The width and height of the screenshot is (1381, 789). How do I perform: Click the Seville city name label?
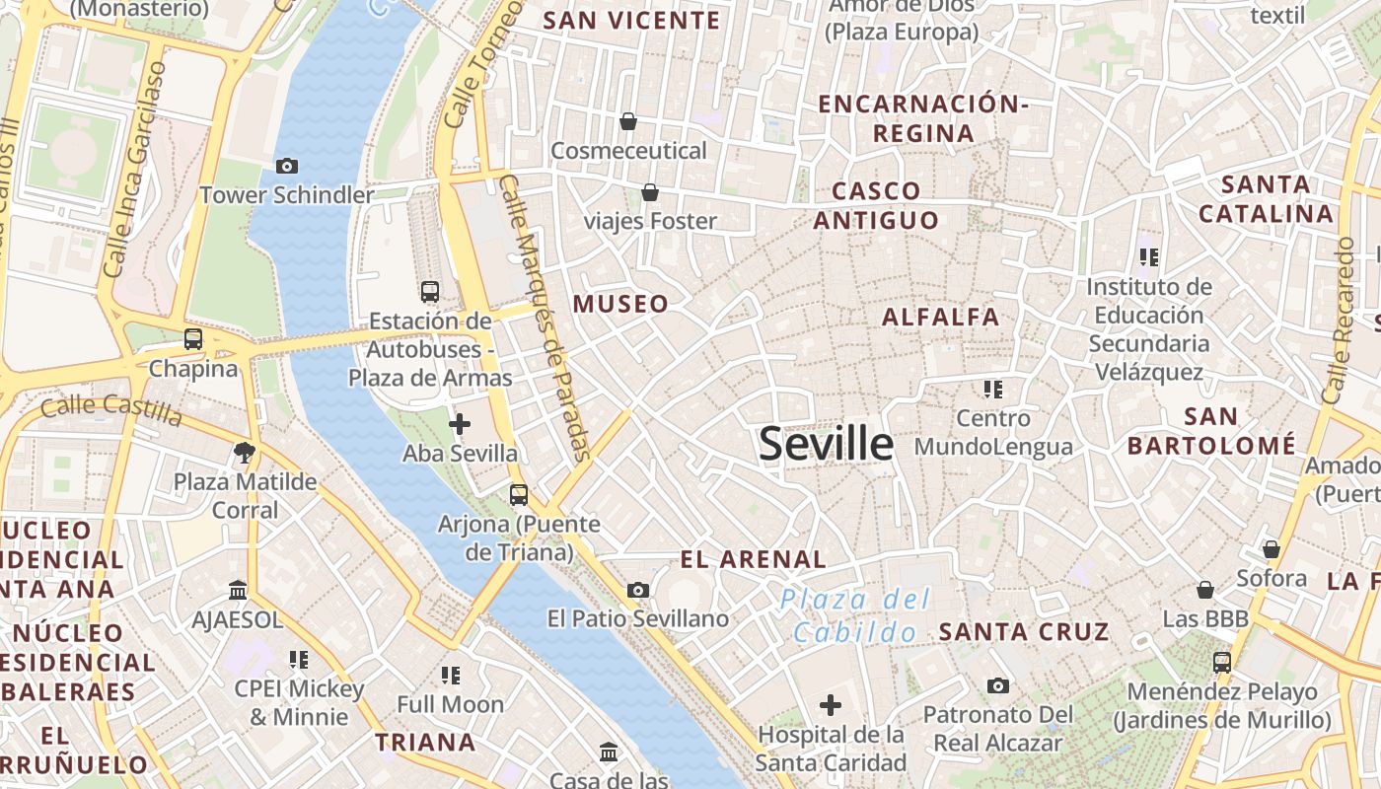[826, 445]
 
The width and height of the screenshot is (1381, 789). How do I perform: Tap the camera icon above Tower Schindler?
[287, 166]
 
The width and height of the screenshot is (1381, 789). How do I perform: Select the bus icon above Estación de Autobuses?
[430, 291]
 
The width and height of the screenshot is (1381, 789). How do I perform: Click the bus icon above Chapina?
[193, 339]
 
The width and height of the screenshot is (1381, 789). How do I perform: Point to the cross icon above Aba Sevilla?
[460, 424]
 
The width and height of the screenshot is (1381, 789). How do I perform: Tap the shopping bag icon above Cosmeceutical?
[628, 121]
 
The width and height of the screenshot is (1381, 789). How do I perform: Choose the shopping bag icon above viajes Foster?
[649, 191]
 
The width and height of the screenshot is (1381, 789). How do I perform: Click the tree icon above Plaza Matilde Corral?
[244, 453]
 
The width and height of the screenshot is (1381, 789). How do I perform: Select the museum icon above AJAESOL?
[238, 590]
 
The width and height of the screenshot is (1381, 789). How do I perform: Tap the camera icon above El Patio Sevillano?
[638, 590]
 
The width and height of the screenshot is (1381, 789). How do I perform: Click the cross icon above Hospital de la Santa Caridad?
[831, 704]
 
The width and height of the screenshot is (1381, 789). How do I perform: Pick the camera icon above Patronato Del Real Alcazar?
[998, 685]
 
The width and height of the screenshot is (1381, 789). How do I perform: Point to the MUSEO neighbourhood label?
[621, 304]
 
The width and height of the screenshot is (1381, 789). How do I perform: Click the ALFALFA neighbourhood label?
[940, 317]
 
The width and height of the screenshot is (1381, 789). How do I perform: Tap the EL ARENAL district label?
[754, 559]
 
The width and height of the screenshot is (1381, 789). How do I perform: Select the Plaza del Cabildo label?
[855, 615]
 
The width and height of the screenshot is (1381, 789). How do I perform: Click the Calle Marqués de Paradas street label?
[545, 319]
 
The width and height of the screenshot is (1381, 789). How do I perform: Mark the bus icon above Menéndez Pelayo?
[1222, 662]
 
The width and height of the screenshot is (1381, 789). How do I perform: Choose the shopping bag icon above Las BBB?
[1205, 590]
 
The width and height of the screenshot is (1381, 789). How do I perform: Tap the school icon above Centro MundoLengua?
[992, 389]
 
